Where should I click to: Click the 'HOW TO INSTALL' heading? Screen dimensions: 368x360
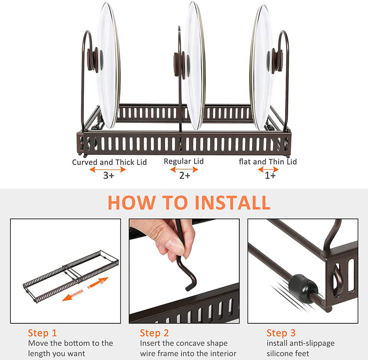coord(189,203)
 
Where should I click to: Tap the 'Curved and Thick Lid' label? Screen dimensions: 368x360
coord(109,162)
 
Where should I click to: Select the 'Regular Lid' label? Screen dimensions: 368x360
coord(184,161)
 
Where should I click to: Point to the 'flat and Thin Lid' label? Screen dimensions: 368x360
coord(268,161)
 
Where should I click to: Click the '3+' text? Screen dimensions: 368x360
coord(109,175)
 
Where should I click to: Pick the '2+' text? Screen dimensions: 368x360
coord(185,175)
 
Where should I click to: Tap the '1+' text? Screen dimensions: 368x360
coord(270,175)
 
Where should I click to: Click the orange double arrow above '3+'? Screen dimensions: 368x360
coord(108,169)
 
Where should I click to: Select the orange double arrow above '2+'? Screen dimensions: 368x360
coord(184,169)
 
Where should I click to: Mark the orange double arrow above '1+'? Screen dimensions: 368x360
coord(268,169)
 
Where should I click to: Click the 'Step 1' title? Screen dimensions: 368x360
coord(43,333)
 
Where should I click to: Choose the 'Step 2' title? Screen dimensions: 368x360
coord(154,333)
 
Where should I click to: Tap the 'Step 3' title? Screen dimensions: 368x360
coord(281,333)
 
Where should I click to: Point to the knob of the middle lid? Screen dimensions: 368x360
coord(182,65)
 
